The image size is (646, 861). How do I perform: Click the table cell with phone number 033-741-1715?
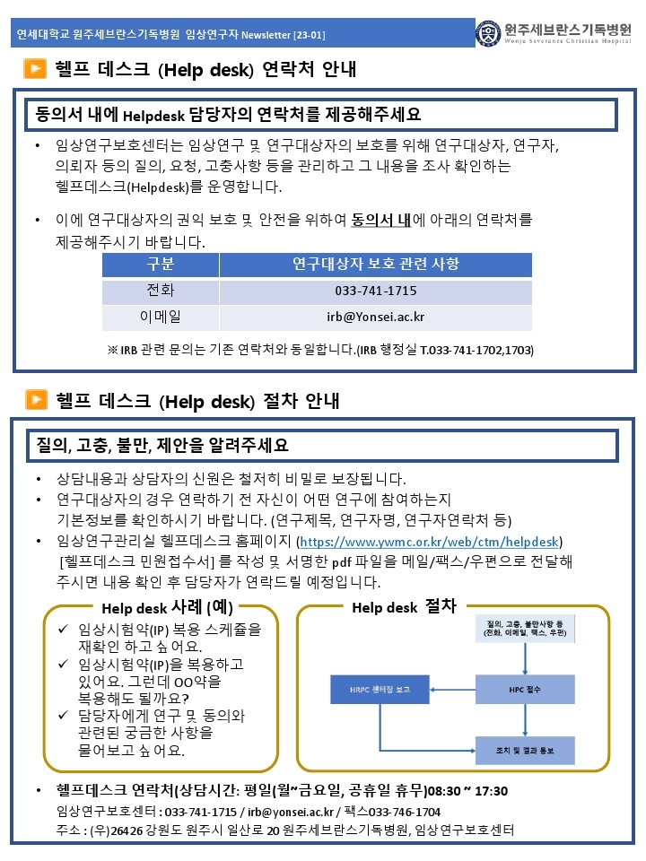(375, 291)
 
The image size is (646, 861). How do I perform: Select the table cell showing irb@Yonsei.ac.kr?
(375, 317)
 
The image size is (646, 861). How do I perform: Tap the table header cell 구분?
(161, 265)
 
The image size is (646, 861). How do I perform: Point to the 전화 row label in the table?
(161, 291)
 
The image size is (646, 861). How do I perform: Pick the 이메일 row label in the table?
(161, 317)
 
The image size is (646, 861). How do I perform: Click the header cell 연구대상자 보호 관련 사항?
(375, 265)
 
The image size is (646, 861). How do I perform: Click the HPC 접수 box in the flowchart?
(524, 690)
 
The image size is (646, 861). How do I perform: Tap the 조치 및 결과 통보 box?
(524, 749)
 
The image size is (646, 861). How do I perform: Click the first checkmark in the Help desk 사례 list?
(62, 630)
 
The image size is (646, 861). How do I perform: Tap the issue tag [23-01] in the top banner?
(309, 35)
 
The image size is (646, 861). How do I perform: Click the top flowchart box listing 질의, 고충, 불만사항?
(524, 628)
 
